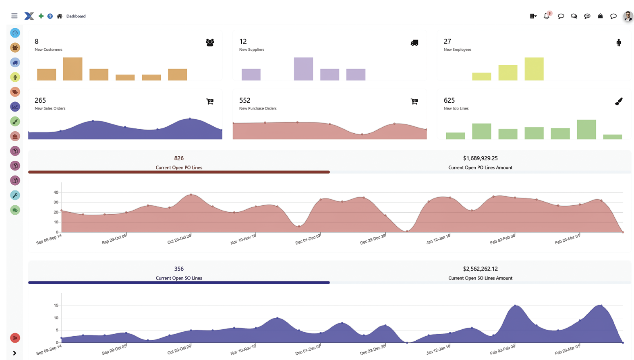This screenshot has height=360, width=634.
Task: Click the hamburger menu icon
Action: click(x=15, y=16)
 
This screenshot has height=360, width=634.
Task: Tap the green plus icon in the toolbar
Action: click(x=41, y=16)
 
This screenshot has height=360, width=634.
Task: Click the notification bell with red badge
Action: click(x=547, y=16)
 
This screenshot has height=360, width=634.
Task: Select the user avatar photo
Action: click(x=628, y=16)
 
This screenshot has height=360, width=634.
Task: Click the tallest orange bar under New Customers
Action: click(x=73, y=69)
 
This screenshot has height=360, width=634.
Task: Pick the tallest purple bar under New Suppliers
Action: click(x=303, y=69)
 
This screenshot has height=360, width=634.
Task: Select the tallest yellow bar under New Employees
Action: click(x=534, y=69)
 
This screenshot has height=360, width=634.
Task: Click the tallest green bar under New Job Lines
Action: click(x=586, y=130)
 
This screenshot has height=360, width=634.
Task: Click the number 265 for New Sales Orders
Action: click(x=40, y=100)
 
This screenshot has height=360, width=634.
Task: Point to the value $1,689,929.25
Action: click(x=480, y=158)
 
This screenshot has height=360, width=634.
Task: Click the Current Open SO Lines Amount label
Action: click(x=480, y=278)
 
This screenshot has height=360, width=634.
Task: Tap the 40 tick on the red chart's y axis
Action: click(x=56, y=192)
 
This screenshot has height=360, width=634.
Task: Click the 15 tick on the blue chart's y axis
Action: click(x=56, y=306)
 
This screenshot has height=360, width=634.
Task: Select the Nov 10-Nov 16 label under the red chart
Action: click(x=243, y=240)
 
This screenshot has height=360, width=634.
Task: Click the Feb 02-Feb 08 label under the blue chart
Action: click(x=502, y=350)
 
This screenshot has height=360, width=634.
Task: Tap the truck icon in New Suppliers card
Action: click(x=414, y=43)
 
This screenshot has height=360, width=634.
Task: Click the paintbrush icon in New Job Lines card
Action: click(x=618, y=101)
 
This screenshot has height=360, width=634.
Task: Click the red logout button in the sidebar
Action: click(x=15, y=338)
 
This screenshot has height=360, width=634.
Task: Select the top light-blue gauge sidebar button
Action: click(x=15, y=33)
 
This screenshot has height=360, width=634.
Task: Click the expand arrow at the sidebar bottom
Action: click(x=15, y=353)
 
